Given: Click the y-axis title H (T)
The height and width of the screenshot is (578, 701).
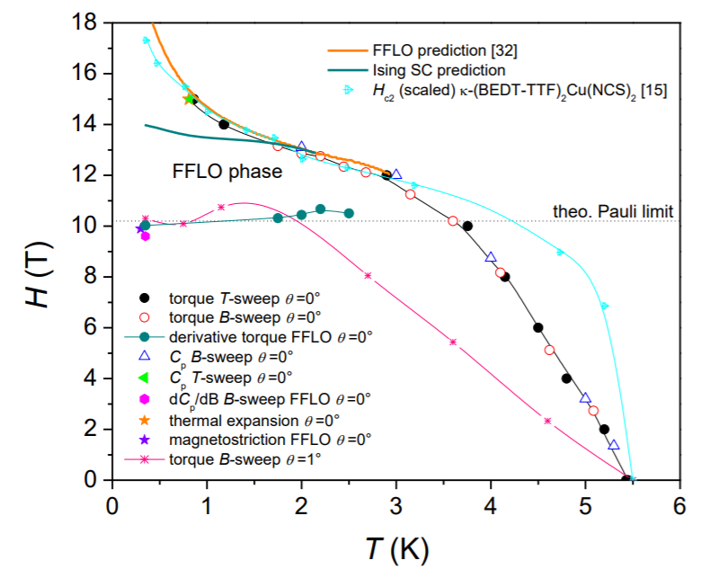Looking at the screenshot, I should [37, 276].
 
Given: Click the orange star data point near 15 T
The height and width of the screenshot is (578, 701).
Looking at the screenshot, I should [189, 99].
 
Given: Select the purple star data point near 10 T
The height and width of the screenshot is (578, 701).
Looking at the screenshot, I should [140, 229].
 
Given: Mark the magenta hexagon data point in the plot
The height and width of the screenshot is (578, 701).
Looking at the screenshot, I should [145, 236].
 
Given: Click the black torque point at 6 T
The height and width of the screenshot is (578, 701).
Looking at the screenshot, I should [537, 328].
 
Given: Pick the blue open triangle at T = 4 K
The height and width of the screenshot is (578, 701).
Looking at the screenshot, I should [491, 257].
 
